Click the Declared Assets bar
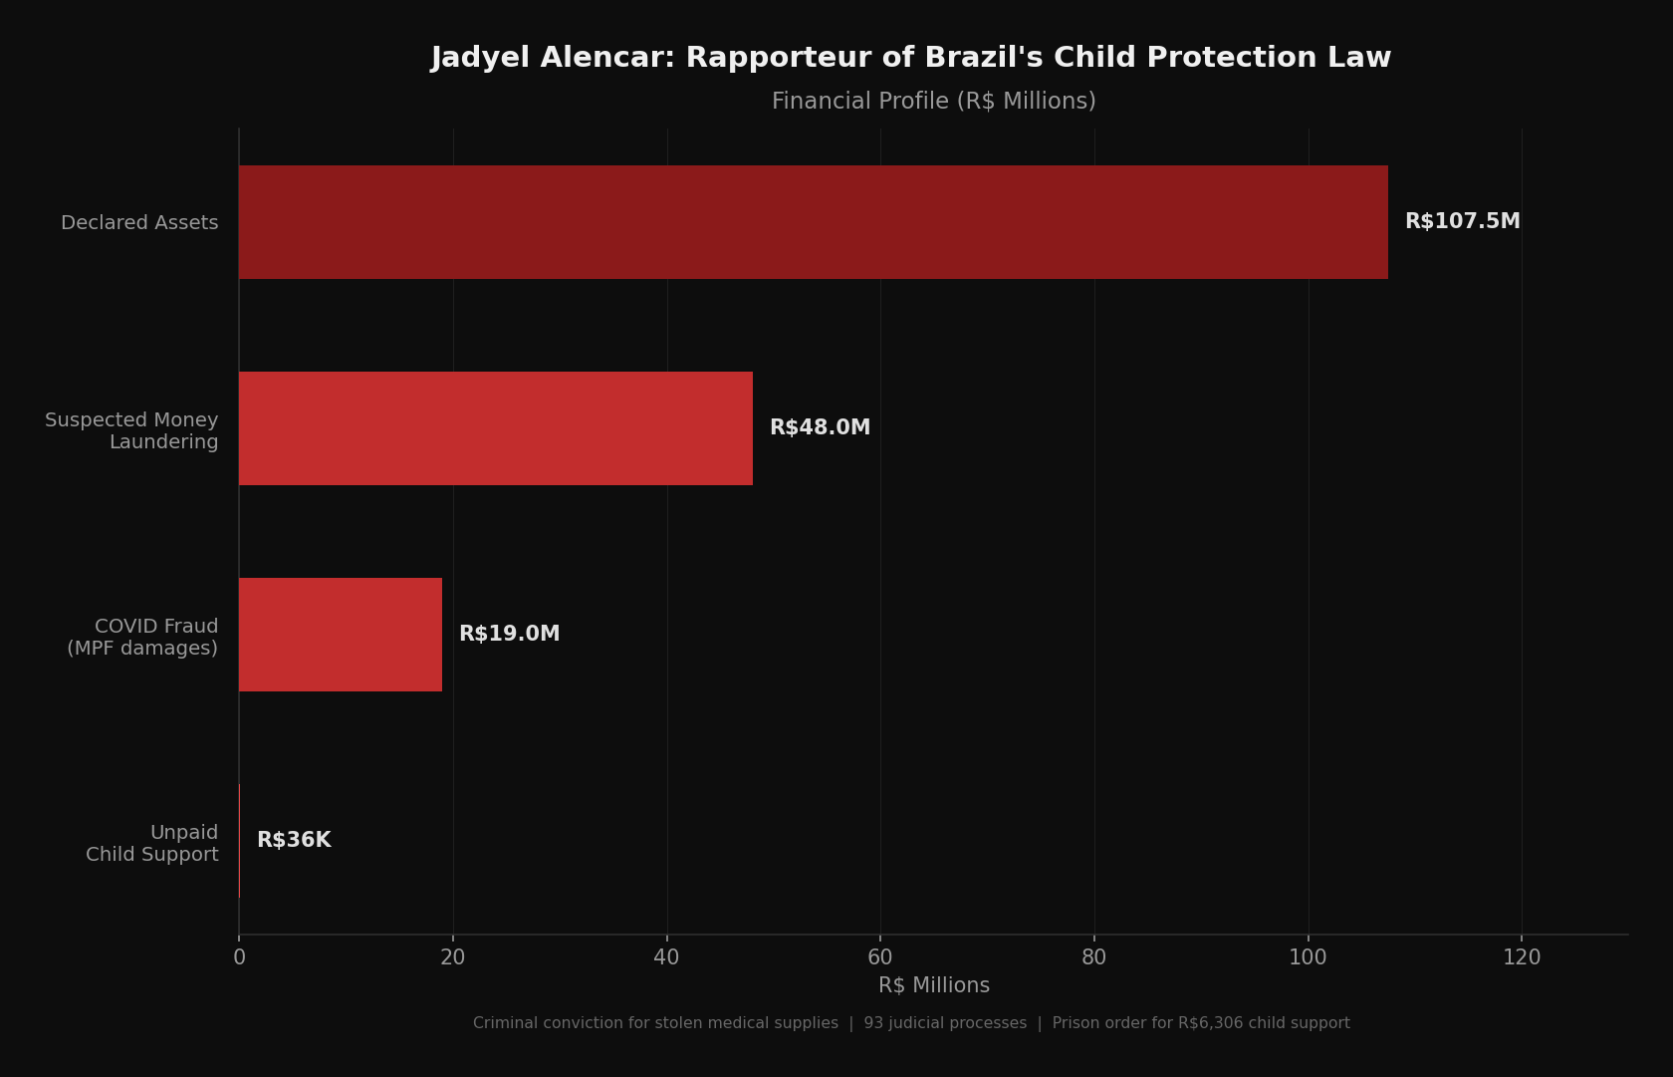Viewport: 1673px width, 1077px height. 813,222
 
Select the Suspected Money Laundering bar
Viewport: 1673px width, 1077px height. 495,428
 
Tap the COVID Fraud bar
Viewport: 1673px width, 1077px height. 340,635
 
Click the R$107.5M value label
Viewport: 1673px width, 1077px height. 1462,222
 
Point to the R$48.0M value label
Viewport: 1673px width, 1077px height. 820,428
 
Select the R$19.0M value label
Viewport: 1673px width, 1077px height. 509,635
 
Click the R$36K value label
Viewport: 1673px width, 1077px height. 294,841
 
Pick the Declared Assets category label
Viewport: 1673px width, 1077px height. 139,223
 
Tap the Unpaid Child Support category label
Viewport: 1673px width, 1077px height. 152,844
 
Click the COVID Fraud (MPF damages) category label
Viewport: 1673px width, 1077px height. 142,638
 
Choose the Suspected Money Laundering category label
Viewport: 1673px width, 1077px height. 131,431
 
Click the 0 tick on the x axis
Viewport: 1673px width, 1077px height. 239,957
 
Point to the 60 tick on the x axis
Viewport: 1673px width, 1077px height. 880,957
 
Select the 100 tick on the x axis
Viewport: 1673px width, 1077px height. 1308,957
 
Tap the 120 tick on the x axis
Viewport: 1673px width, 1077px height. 1521,957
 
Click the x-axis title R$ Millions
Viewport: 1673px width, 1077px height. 933,985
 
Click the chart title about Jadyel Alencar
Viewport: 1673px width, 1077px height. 910,58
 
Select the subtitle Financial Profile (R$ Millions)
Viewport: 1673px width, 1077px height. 933,102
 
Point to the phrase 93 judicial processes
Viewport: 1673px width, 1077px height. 945,1023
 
